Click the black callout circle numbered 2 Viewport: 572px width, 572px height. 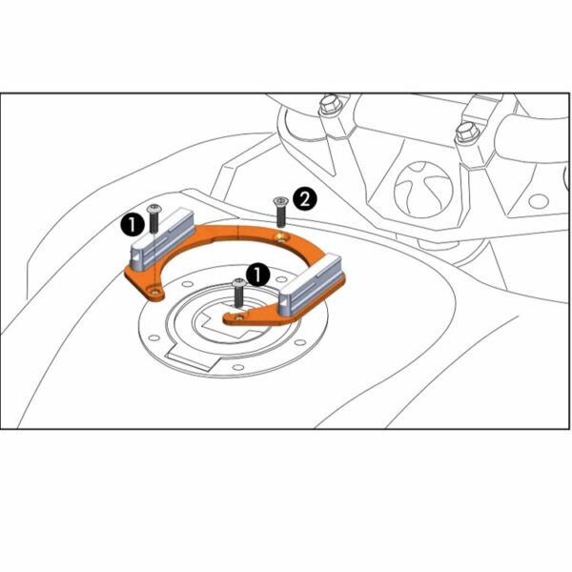point(305,199)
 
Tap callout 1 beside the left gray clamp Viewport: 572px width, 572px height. point(133,225)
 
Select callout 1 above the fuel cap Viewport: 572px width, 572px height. point(258,276)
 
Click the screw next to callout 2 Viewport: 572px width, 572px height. point(280,213)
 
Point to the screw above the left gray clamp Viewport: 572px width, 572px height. point(153,219)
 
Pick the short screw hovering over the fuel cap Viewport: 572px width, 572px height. point(239,293)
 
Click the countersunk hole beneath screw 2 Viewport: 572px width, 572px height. point(281,237)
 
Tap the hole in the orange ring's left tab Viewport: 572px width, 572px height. point(155,291)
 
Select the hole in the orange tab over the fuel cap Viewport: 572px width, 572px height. point(239,317)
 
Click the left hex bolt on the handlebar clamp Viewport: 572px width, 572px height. point(331,104)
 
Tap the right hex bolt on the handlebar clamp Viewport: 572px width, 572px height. point(468,133)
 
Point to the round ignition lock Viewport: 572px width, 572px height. point(424,190)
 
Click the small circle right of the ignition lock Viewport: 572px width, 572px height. point(539,201)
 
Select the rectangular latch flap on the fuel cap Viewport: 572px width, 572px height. point(194,359)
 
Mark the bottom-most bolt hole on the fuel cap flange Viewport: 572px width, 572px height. point(237,367)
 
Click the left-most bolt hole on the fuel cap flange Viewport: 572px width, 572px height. point(154,337)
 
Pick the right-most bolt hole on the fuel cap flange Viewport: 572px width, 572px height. point(300,342)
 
